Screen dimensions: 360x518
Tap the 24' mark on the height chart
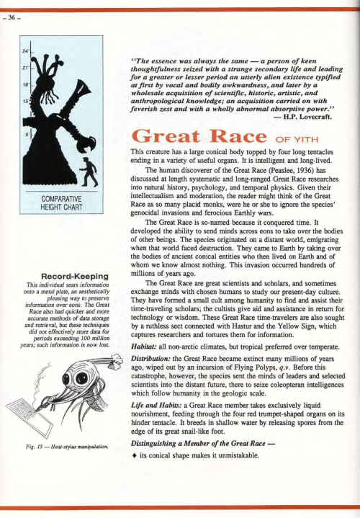[x=25, y=51]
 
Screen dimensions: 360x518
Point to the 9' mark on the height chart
[x=27, y=134]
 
